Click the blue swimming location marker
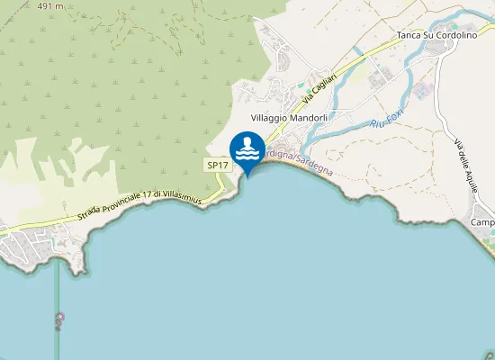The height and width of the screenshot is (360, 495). pyautogui.click(x=247, y=149)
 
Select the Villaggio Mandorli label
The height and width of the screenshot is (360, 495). pyautogui.click(x=289, y=118)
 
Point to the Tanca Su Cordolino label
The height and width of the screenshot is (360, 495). pyautogui.click(x=436, y=36)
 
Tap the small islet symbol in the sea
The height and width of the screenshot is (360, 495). pyautogui.click(x=60, y=319)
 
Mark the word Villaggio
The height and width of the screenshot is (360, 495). pyautogui.click(x=269, y=118)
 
